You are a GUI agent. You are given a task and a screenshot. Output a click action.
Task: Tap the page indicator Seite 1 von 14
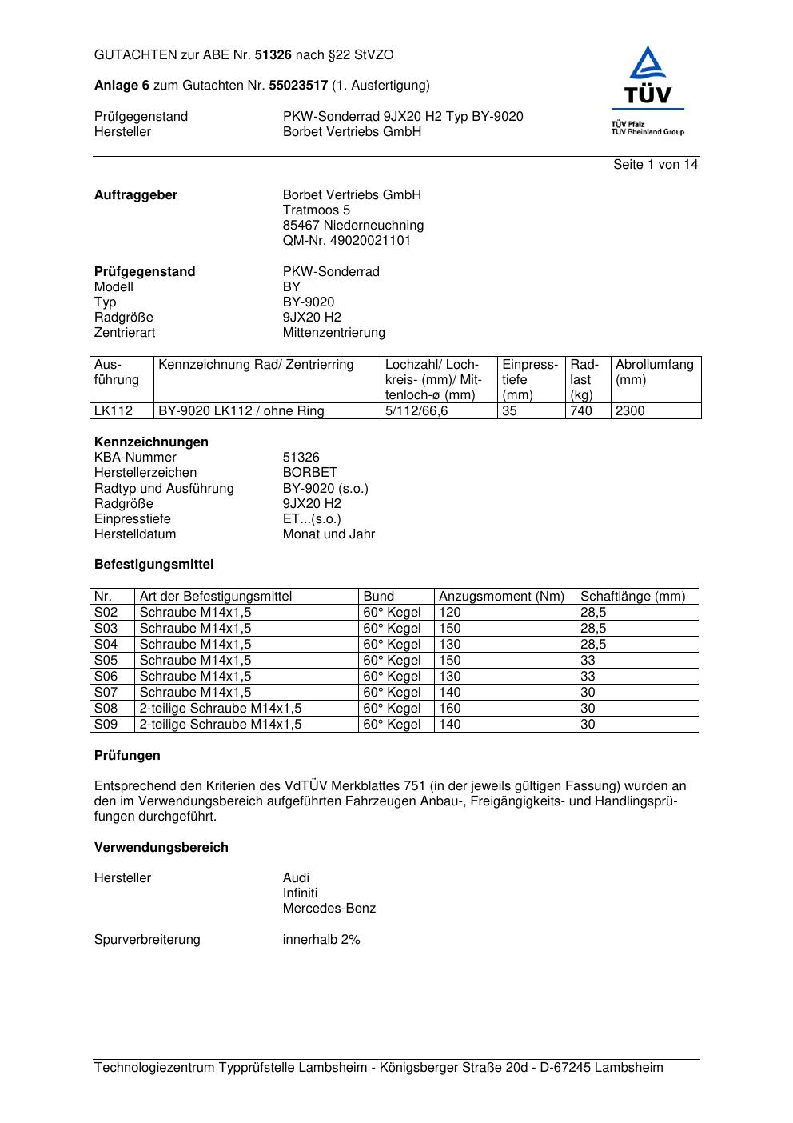655,165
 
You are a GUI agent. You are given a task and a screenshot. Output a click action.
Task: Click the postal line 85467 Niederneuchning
353,226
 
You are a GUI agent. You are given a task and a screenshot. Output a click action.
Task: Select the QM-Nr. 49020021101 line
346,241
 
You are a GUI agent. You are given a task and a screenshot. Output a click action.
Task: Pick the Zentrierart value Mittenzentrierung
333,333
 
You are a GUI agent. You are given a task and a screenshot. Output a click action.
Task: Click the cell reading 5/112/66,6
416,411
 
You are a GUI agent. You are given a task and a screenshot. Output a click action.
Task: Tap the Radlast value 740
581,411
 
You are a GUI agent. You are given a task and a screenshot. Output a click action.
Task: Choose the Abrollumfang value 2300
630,411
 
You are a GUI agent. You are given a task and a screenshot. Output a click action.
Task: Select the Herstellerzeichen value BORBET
309,473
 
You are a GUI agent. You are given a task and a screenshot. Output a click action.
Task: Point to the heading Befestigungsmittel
153,565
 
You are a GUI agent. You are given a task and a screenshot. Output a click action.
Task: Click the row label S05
106,661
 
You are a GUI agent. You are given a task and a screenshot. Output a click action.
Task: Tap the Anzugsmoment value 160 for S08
450,709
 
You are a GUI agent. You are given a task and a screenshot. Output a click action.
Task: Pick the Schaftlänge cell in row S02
593,613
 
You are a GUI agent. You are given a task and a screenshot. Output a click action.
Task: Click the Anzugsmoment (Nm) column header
501,597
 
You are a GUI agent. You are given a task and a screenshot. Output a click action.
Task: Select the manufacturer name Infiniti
300,893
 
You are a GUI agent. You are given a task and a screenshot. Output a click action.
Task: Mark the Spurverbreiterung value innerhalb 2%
321,940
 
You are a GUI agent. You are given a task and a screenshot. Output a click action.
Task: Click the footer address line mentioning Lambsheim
378,1068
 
